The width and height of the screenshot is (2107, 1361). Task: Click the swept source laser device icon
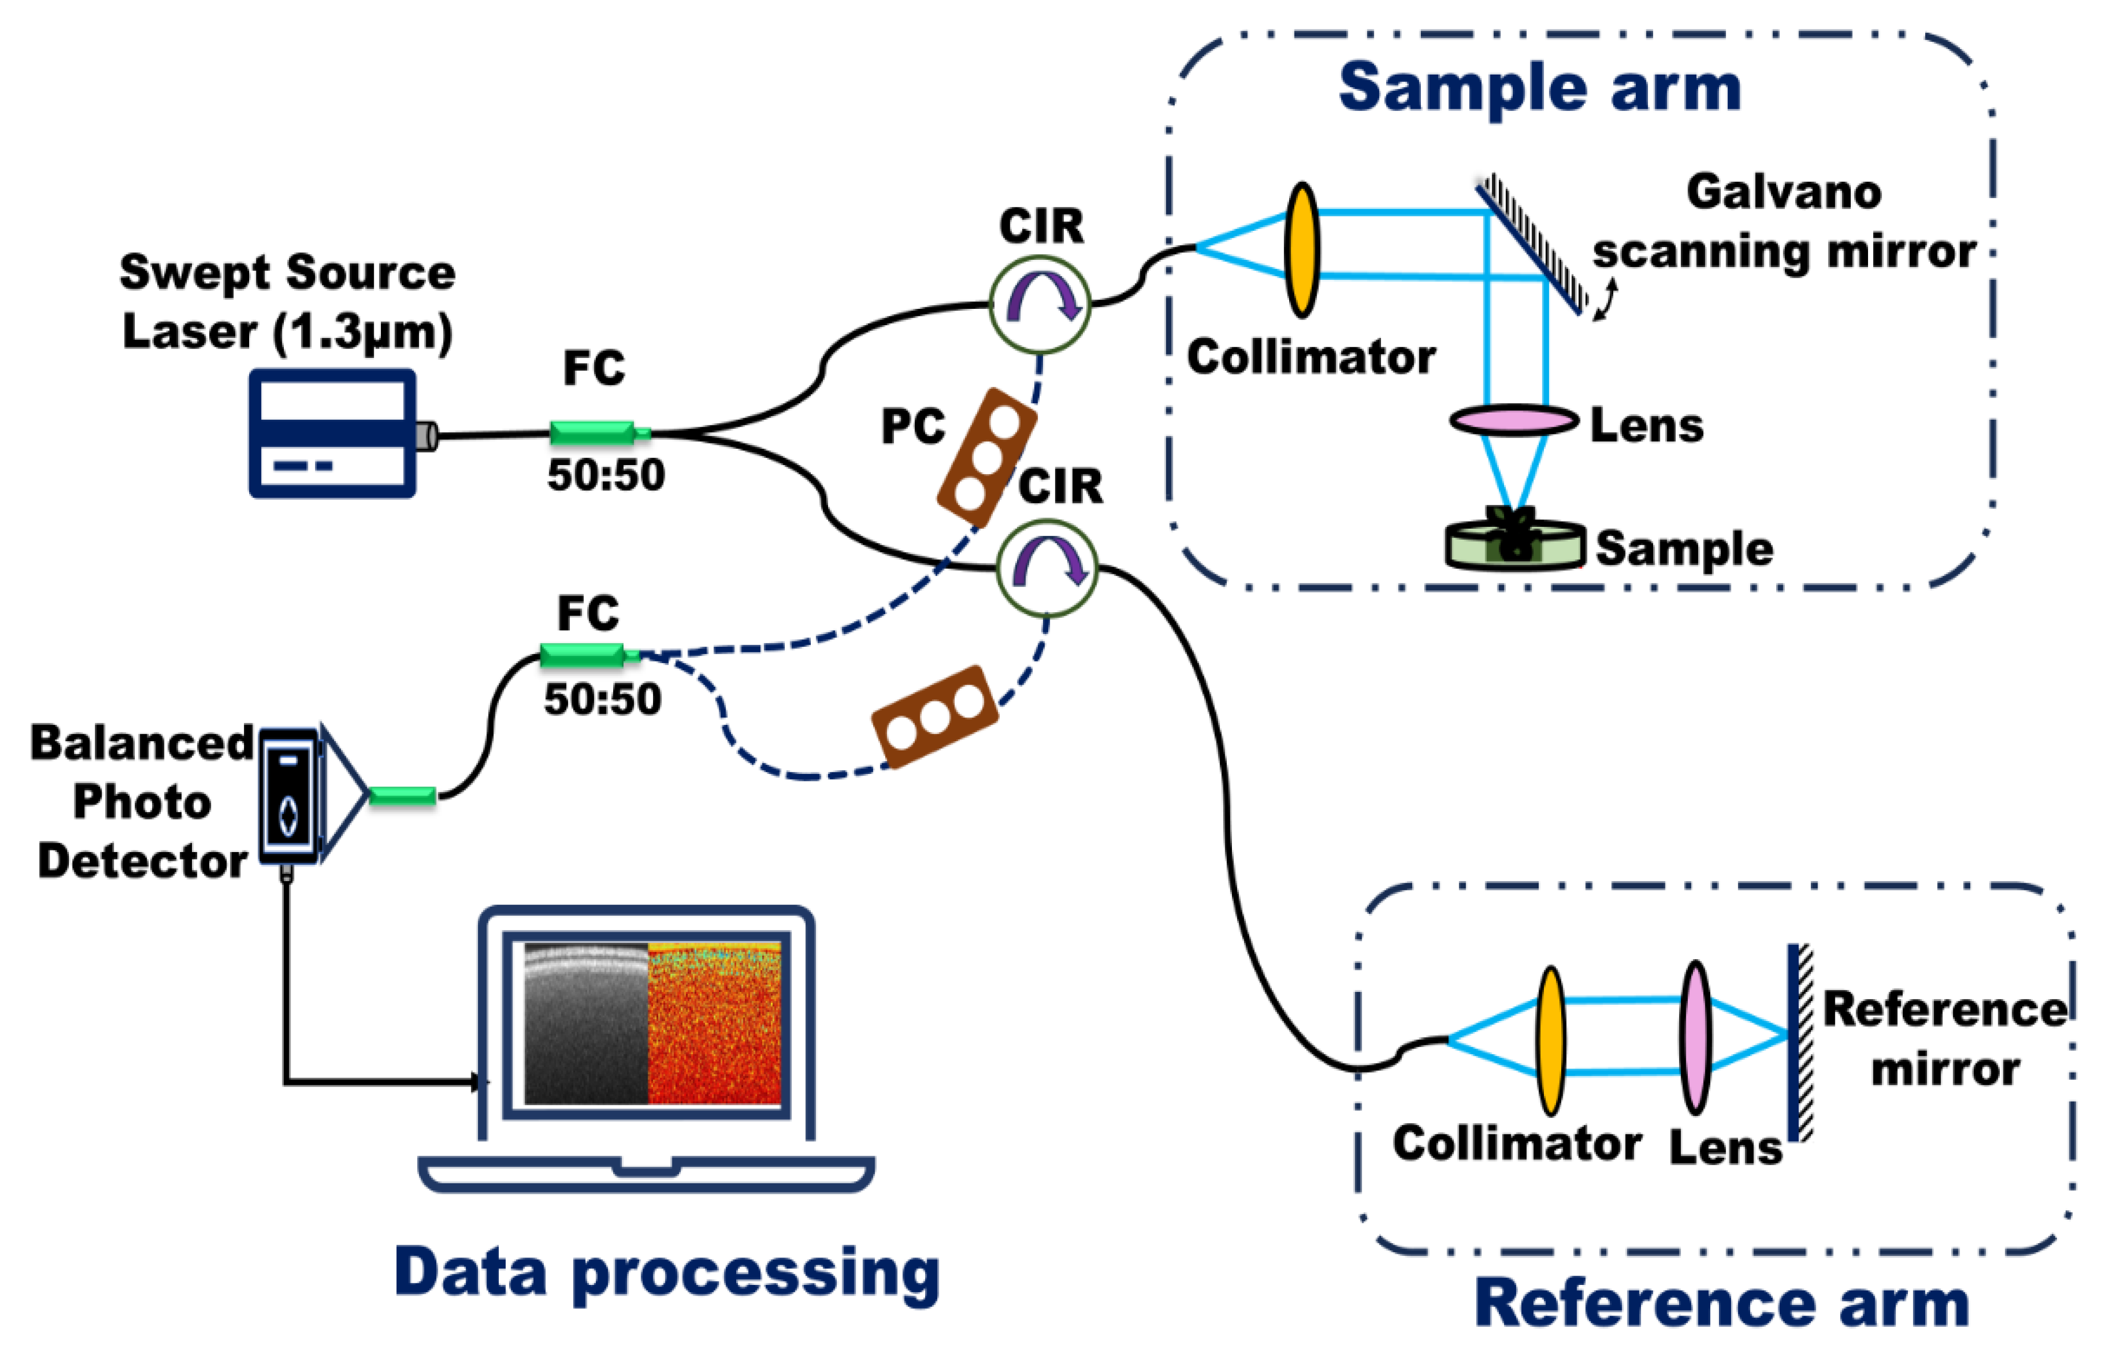[x=332, y=433]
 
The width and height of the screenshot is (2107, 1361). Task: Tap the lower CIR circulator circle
[x=1047, y=567]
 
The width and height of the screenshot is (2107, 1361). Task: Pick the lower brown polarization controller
[x=935, y=716]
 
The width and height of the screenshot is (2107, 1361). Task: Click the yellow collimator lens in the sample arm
[x=1302, y=250]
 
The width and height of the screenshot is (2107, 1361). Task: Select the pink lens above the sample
[x=1513, y=420]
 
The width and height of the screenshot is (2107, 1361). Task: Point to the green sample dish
[x=1514, y=544]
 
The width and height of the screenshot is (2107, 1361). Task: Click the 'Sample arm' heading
[x=1540, y=88]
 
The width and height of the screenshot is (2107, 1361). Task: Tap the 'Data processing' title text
[x=667, y=1273]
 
